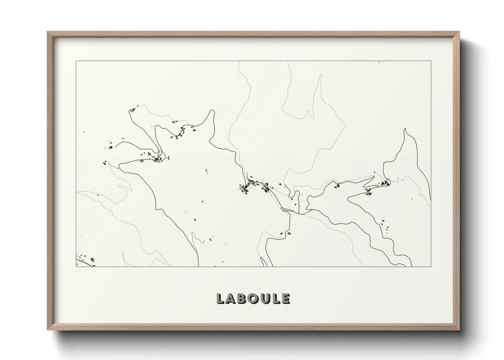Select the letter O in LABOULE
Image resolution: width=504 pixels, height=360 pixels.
(254, 298)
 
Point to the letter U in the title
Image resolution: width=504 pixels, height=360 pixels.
(266, 298)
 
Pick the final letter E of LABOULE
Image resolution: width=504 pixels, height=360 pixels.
(286, 298)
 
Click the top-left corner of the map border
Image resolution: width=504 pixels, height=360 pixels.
(76, 61)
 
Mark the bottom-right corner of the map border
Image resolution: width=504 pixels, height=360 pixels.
(431, 266)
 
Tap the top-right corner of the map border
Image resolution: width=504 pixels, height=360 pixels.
(431, 61)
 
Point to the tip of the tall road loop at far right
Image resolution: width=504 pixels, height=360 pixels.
(405, 129)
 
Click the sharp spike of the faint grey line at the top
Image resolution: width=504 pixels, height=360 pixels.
(320, 75)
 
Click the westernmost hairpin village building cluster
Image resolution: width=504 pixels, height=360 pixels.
(158, 159)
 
